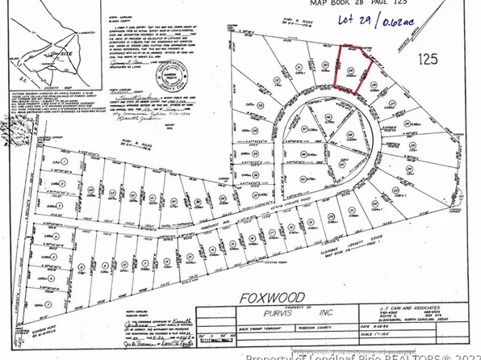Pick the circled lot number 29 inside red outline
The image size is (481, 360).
point(350,71)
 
